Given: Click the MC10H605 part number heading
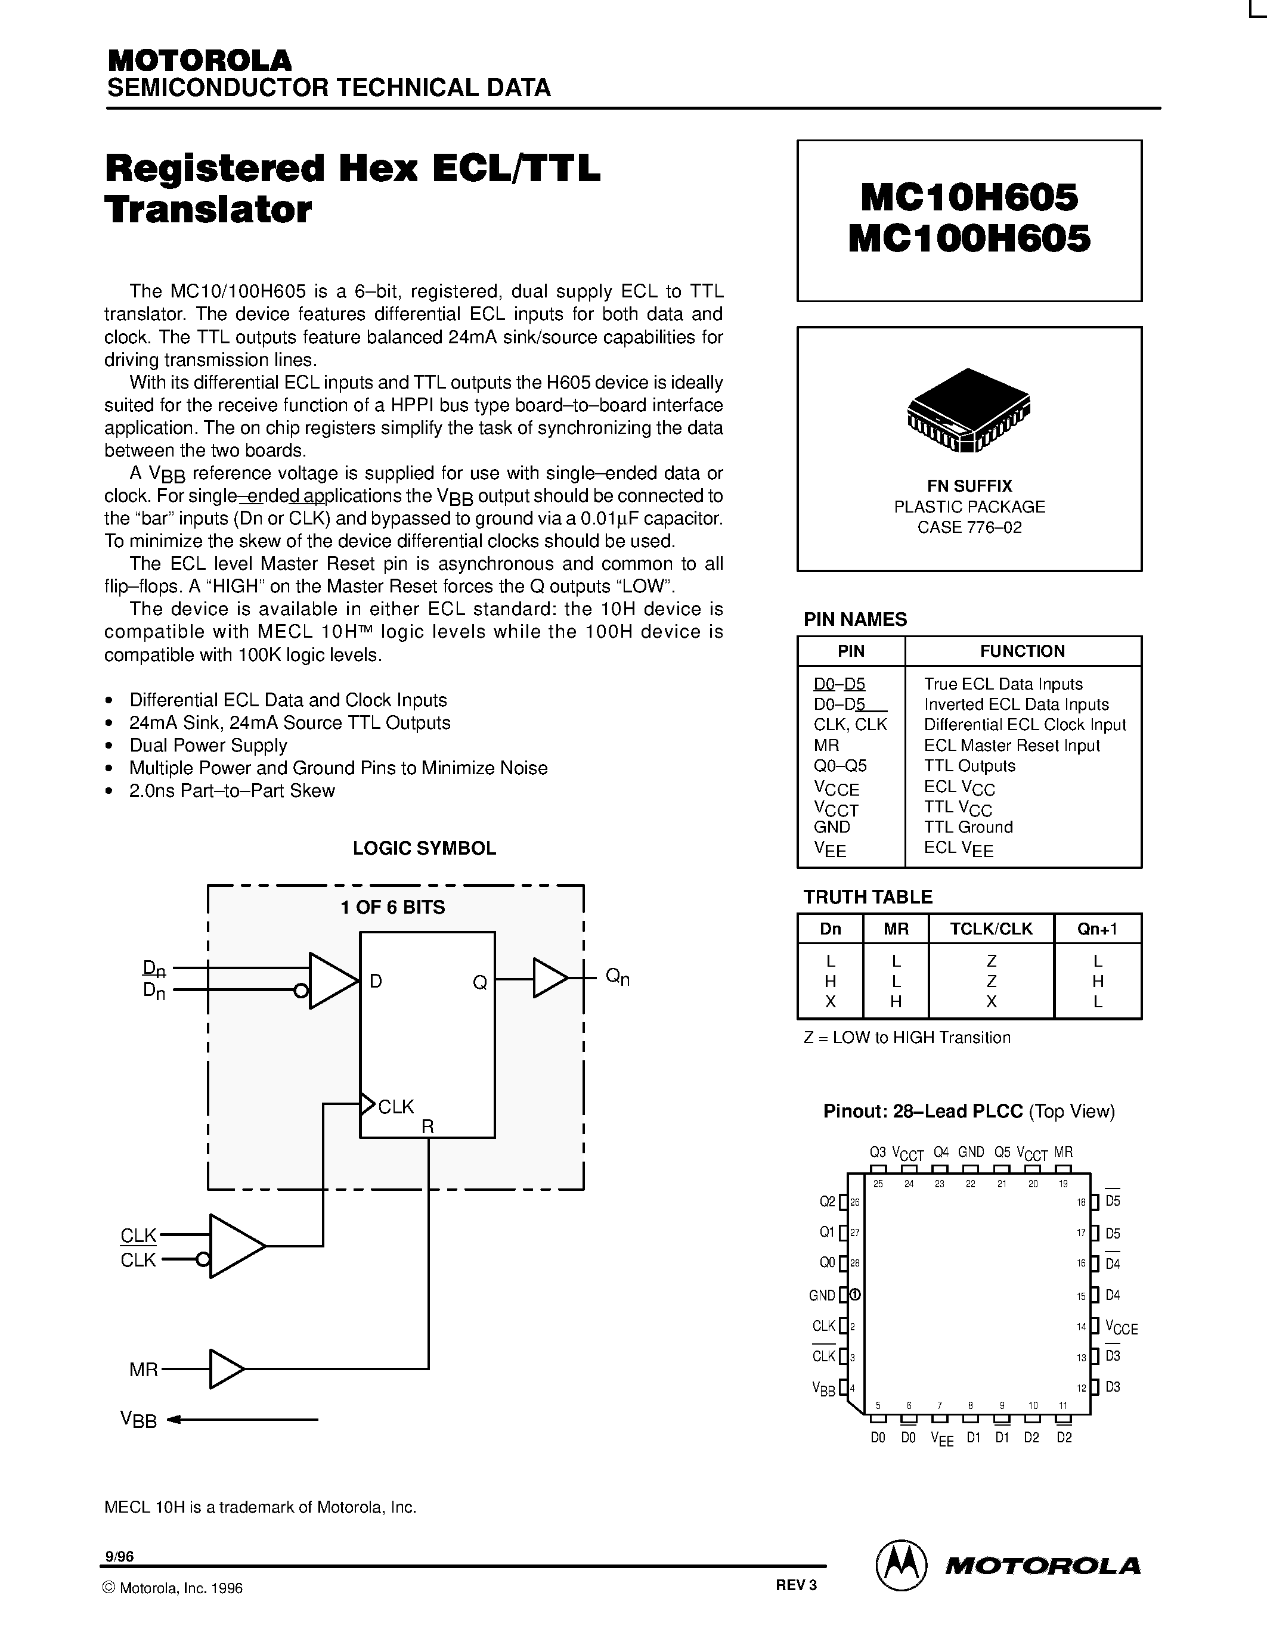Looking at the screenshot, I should (969, 198).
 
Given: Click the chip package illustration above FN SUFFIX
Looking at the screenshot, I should (969, 410).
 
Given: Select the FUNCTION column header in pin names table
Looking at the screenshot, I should (1023, 651).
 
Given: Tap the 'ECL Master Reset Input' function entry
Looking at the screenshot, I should (1011, 745).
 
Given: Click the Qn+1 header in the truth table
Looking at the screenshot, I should (1097, 929).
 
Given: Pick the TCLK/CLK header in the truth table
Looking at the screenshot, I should (991, 929).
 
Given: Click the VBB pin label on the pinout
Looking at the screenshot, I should (823, 1388).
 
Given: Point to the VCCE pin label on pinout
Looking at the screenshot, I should (1122, 1327).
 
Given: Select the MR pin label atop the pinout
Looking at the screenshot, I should (1063, 1152).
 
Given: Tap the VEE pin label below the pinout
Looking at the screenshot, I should (941, 1439).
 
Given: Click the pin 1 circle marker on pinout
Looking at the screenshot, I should (855, 1295).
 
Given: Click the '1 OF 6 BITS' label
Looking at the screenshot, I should (392, 907).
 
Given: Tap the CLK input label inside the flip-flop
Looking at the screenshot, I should (395, 1106).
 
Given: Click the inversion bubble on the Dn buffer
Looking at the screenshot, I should (301, 991).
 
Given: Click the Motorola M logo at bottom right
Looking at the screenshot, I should (902, 1566).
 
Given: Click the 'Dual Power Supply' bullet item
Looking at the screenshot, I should (208, 745).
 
